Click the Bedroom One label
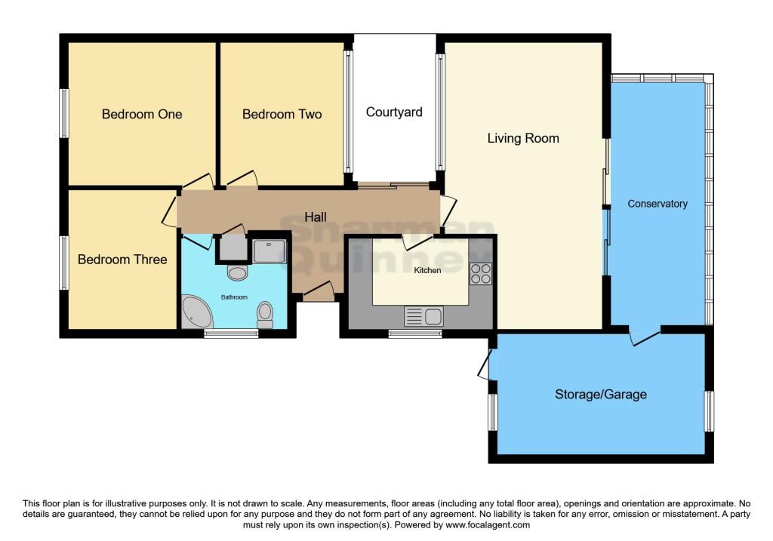pos(142,115)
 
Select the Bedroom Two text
pos(282,115)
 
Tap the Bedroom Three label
pos(122,260)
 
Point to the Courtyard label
pos(394,112)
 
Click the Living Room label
pos(523,138)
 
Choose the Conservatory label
pos(658,204)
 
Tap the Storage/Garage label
pos(601,395)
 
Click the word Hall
pos(316,217)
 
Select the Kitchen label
pos(427,270)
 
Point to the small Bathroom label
pos(234,297)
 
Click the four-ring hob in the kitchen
pos(481,273)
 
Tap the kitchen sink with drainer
pos(423,316)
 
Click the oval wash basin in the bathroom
pos(238,272)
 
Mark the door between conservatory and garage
pos(643,337)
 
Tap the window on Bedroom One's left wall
pos(64,114)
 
